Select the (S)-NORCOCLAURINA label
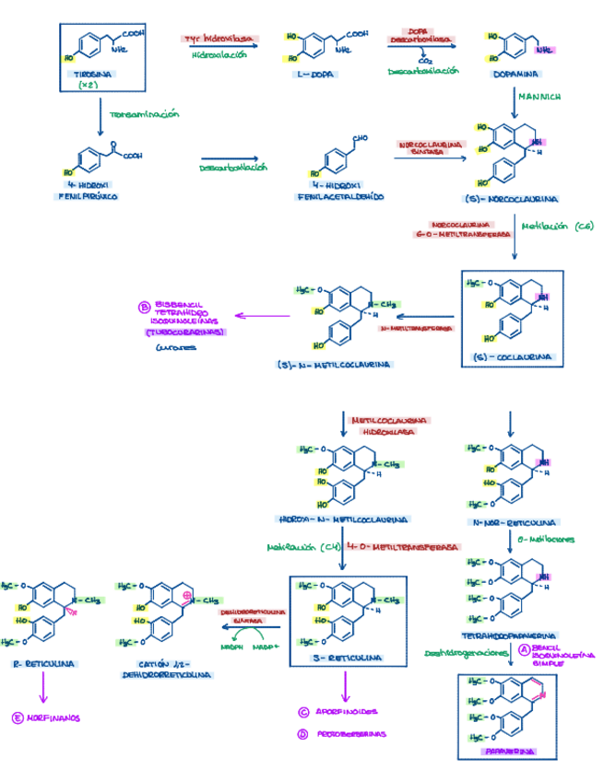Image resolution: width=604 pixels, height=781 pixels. click(x=512, y=198)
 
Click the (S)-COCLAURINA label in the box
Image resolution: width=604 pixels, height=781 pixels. click(x=512, y=356)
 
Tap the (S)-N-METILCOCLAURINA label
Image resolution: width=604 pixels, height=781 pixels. click(x=334, y=365)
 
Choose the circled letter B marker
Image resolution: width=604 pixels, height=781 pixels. click(x=144, y=309)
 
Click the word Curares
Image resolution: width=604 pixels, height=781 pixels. click(x=175, y=347)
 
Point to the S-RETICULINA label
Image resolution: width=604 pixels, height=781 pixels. click(x=349, y=659)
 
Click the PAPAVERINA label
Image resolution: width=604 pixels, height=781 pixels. click(x=508, y=752)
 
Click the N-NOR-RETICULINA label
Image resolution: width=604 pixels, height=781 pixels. click(x=508, y=521)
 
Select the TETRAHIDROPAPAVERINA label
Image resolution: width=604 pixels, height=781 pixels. click(x=508, y=635)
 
